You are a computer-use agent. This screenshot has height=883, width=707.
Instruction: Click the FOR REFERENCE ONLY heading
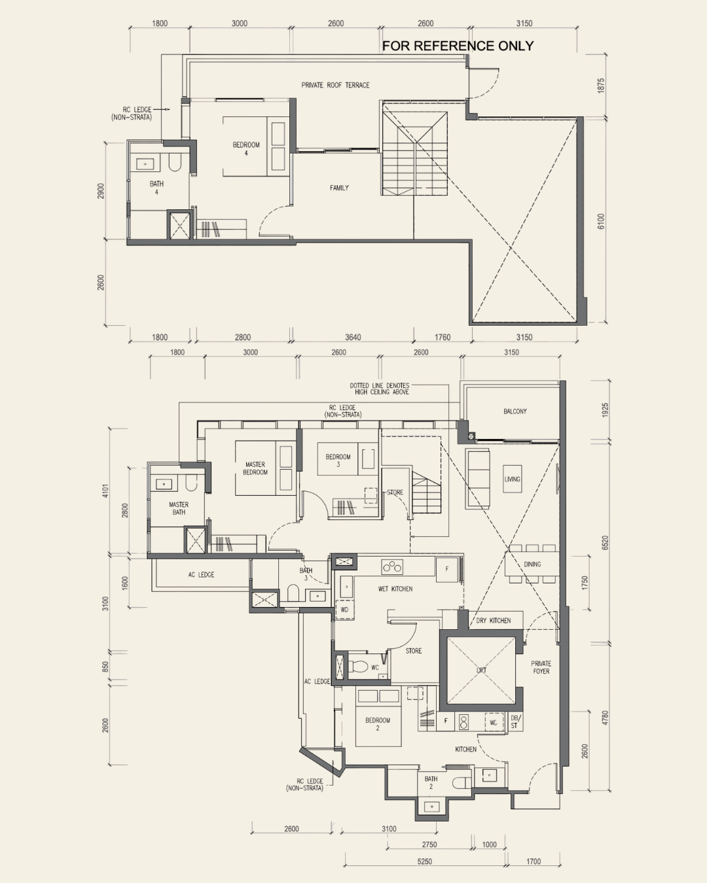458,46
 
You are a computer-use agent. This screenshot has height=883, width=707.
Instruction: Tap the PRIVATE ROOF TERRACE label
335,85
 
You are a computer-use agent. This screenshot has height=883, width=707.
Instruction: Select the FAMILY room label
339,188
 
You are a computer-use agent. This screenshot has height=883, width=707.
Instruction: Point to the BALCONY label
515,411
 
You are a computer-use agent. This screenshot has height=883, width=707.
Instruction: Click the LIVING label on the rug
513,479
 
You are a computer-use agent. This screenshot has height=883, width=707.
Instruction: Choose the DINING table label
532,564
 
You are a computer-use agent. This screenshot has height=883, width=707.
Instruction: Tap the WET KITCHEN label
395,589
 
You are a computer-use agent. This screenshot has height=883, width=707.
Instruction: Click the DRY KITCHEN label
494,621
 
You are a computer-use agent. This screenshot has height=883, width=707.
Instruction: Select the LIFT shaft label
481,670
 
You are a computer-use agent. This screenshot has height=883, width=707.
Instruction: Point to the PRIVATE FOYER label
541,667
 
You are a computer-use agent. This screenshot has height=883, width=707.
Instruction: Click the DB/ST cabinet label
515,721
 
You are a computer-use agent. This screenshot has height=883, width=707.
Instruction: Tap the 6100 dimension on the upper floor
601,222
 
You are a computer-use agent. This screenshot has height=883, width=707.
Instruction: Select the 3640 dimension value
353,338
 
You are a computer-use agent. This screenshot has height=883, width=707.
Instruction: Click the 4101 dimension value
106,491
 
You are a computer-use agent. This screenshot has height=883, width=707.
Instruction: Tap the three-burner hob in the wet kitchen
392,568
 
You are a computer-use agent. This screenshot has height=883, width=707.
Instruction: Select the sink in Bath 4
145,164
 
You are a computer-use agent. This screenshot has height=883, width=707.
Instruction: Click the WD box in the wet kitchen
344,610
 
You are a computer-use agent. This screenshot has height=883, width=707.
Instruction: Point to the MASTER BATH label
179,508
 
